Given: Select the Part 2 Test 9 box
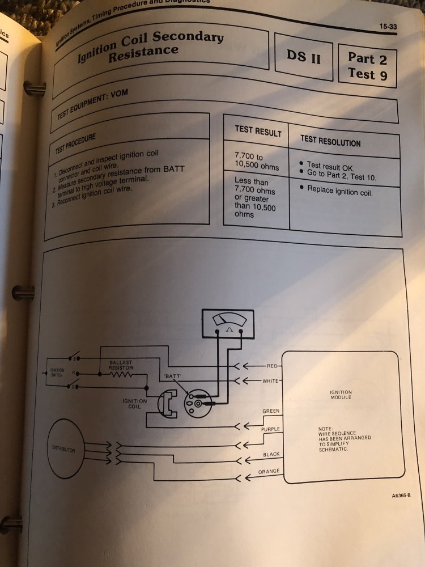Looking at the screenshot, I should pyautogui.click(x=368, y=66).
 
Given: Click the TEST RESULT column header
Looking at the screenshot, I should pyautogui.click(x=258, y=132).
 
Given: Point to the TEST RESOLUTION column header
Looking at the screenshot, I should pyautogui.click(x=330, y=141).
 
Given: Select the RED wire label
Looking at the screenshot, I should pyautogui.click(x=273, y=366).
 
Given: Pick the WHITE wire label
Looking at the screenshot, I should pyautogui.click(x=270, y=380).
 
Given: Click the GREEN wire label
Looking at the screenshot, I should pyautogui.click(x=270, y=411).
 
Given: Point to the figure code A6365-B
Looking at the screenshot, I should pyautogui.click(x=401, y=496).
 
